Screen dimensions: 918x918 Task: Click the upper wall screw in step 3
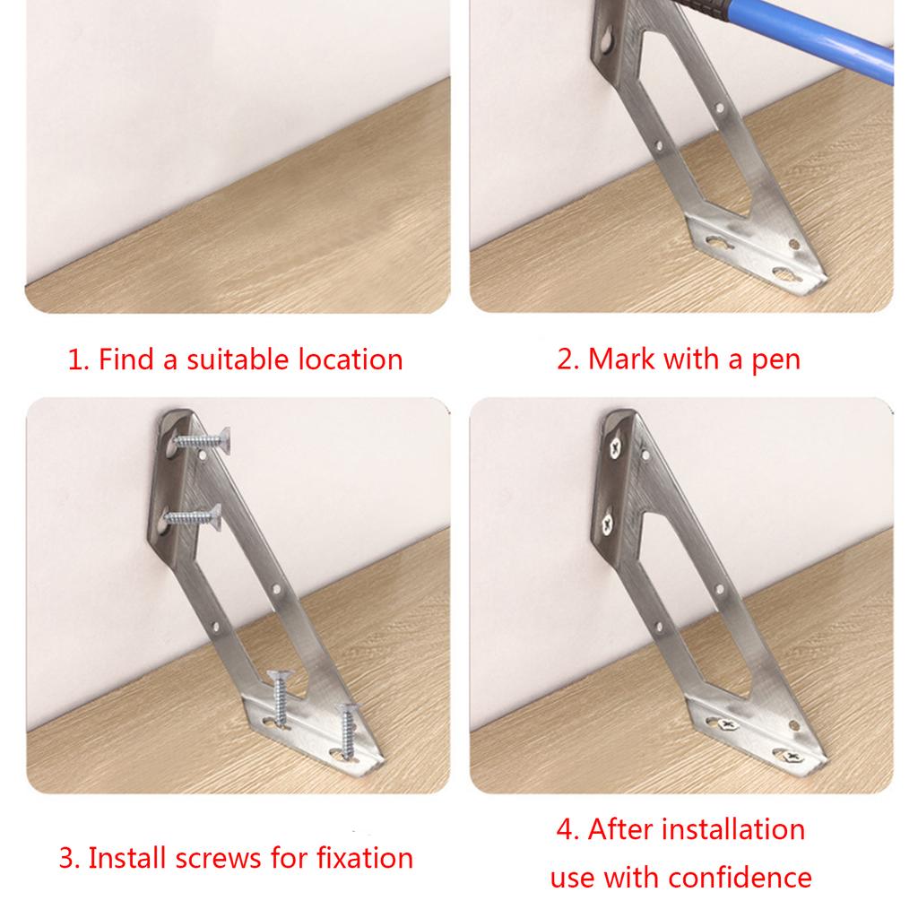[202, 440]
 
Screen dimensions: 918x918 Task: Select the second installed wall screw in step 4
[611, 517]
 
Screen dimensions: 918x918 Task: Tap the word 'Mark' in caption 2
[623, 360]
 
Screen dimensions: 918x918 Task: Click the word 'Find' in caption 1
[127, 360]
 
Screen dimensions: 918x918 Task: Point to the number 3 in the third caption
[65, 858]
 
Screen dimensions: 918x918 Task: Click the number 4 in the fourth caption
[565, 829]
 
